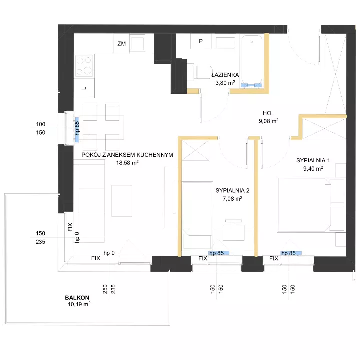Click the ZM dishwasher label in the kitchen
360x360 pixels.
(122, 44)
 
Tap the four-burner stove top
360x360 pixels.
(84, 66)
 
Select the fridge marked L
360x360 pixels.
(84, 88)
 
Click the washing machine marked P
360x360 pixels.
(201, 41)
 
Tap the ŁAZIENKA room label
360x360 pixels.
(225, 75)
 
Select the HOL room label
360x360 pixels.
(268, 113)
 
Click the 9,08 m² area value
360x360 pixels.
(268, 121)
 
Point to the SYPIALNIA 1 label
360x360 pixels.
(313, 160)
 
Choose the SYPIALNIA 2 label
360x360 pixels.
(233, 190)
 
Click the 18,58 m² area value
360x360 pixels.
(127, 163)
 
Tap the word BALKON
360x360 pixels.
(77, 298)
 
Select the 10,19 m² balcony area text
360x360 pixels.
(79, 304)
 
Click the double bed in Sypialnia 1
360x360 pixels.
(304, 205)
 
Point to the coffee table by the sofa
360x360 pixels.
(122, 201)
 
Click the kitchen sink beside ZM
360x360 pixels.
(137, 44)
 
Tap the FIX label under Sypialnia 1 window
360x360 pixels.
(274, 258)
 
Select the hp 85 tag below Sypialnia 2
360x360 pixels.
(216, 253)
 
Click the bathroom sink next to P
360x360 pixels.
(225, 42)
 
